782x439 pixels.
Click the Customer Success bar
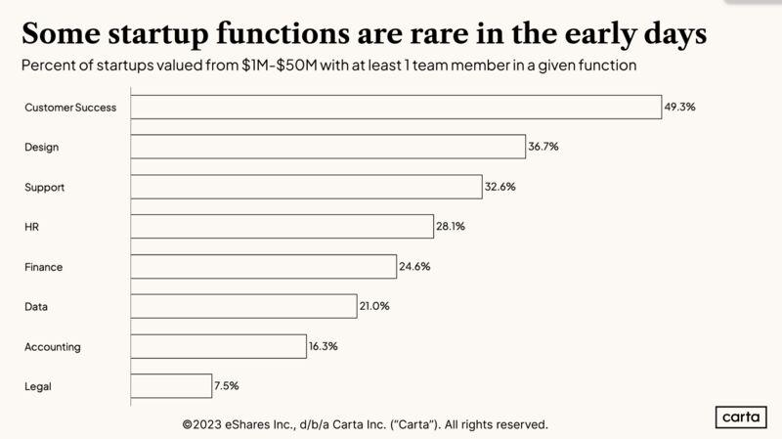(396, 107)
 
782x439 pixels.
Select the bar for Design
(328, 147)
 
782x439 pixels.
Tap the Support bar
(306, 187)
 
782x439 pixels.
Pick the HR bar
(282, 227)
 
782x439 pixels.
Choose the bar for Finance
(264, 266)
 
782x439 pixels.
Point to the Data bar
(243, 306)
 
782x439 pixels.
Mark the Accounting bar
(218, 346)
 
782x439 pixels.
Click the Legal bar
(171, 386)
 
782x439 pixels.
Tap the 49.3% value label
(679, 107)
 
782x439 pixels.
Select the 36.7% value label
(543, 147)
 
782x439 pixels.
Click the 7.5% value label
(227, 386)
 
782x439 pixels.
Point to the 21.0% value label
(374, 306)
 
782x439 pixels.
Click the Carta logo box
(741, 417)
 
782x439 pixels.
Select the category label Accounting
(53, 347)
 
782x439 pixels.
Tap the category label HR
(31, 227)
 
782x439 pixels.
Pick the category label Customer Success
(70, 108)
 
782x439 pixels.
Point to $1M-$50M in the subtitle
(280, 66)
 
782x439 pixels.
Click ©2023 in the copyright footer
(202, 424)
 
